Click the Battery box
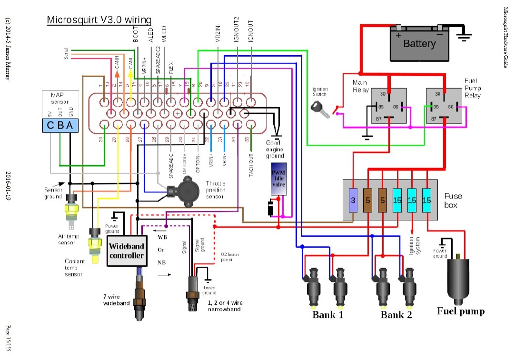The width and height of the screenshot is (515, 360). tap(419, 44)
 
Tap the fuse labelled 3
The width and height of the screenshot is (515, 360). tap(353, 200)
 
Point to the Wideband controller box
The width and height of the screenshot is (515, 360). tap(126, 250)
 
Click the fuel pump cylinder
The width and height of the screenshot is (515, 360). tap(457, 279)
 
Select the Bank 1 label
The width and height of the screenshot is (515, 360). tap(327, 315)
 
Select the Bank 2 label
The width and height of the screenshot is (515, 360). tap(396, 315)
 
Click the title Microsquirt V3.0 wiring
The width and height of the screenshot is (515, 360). tap(99, 20)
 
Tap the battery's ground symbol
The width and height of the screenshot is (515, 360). tap(464, 34)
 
